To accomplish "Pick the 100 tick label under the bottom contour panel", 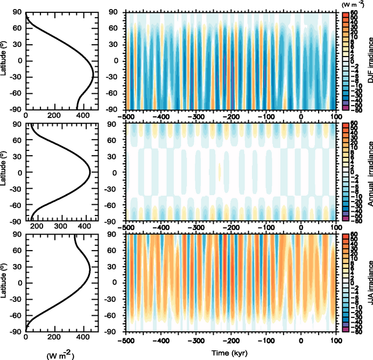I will (335, 340).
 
